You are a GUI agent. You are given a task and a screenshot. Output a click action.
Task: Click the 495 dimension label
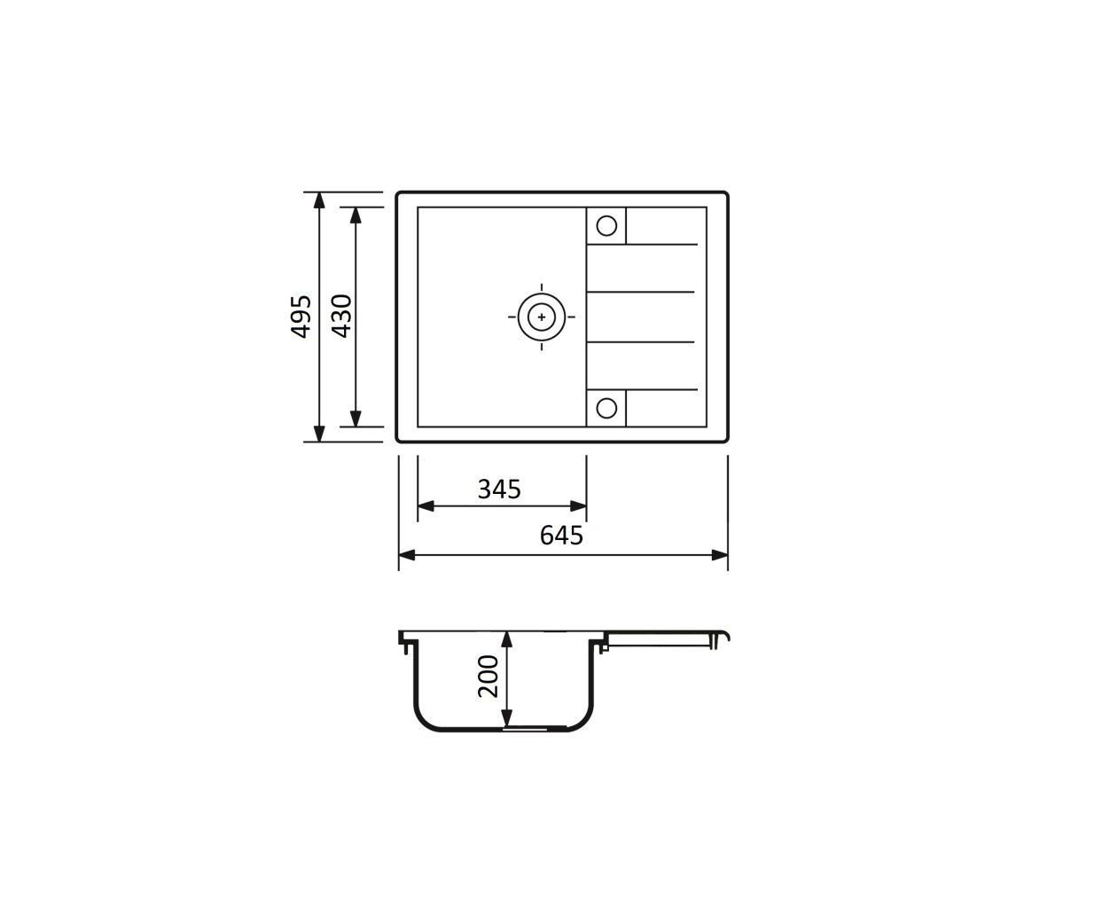[x=301, y=317]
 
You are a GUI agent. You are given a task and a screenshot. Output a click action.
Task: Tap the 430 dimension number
[x=341, y=316]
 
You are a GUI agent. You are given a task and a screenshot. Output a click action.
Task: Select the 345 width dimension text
[x=499, y=489]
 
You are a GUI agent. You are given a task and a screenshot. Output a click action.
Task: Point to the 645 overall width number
[x=561, y=536]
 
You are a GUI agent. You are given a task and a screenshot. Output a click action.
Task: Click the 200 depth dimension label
[x=488, y=677]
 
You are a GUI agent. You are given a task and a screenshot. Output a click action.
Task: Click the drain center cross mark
[x=542, y=317]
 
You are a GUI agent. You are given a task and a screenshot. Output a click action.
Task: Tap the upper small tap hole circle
[x=606, y=226]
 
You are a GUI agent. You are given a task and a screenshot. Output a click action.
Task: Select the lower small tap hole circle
[x=606, y=408]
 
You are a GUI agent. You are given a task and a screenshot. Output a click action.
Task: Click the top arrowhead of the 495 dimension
[x=319, y=200]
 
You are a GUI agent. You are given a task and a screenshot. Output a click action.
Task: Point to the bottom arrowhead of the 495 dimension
[x=319, y=434]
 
